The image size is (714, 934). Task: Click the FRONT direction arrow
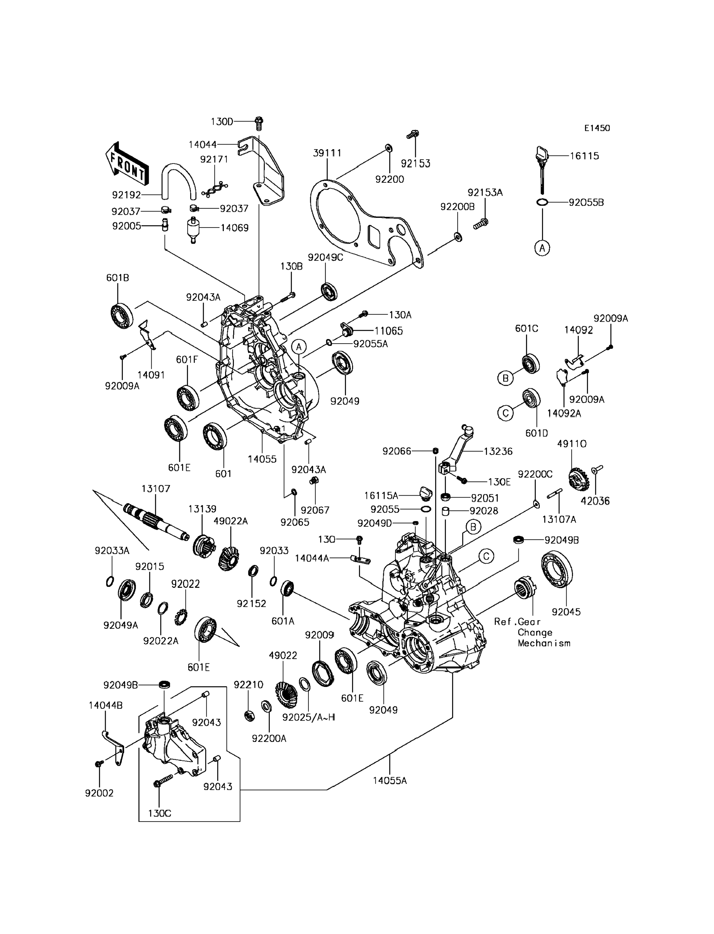127,165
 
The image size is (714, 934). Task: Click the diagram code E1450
597,128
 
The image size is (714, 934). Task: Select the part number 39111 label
327,153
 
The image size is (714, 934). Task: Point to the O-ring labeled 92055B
542,202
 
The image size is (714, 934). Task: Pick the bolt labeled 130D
258,123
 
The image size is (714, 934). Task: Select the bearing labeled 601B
122,314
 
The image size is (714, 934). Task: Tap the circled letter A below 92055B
542,248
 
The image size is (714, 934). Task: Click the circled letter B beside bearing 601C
505,378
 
